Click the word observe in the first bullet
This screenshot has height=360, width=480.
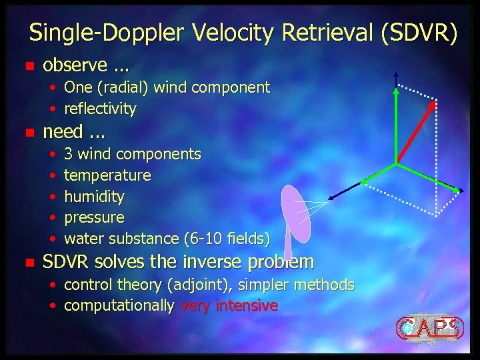[x=75, y=65]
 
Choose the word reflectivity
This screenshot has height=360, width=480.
[x=100, y=108]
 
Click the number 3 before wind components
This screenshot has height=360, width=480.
[x=68, y=155]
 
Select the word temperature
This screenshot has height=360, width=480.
[x=107, y=176]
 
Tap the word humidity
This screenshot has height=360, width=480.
[x=94, y=197]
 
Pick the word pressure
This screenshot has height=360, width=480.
[x=94, y=218]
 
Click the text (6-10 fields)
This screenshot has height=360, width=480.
[x=226, y=239]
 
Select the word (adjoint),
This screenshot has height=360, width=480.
[x=203, y=285]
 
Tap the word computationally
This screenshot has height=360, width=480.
[x=119, y=306]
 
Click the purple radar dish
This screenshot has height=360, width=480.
[x=295, y=213]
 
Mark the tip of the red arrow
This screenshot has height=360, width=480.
[x=436, y=102]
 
